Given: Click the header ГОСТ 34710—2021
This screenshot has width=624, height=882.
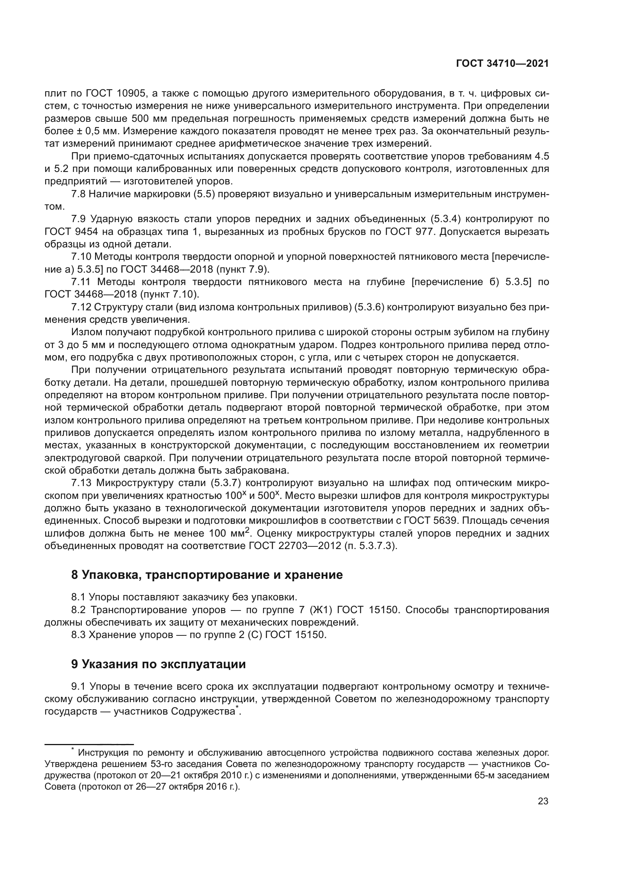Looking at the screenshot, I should (502, 64).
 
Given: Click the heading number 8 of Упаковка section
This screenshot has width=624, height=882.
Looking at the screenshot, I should (75, 575).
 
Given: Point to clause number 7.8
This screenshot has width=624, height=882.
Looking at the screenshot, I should (78, 194).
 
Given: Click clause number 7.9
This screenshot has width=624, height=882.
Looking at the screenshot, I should (78, 219).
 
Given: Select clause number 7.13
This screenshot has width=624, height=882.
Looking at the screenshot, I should (81, 483).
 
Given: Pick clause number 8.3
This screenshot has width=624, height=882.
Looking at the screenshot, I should (78, 635).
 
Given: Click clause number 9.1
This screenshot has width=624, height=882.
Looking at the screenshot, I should (78, 686).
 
